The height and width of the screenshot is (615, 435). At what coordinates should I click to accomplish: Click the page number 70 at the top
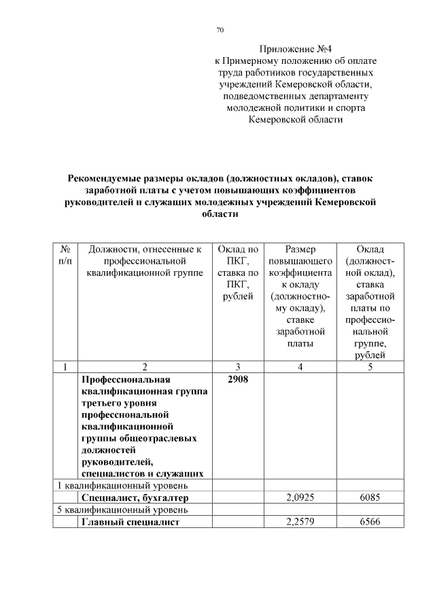(x=220, y=30)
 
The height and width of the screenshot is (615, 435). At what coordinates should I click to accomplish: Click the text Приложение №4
(x=295, y=49)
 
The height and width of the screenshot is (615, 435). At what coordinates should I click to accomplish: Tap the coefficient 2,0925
(x=299, y=497)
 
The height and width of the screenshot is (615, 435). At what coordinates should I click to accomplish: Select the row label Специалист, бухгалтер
(x=134, y=497)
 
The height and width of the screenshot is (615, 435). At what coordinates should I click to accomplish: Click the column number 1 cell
(x=65, y=367)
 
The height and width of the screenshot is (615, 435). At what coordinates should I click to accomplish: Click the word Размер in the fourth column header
(x=300, y=249)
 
